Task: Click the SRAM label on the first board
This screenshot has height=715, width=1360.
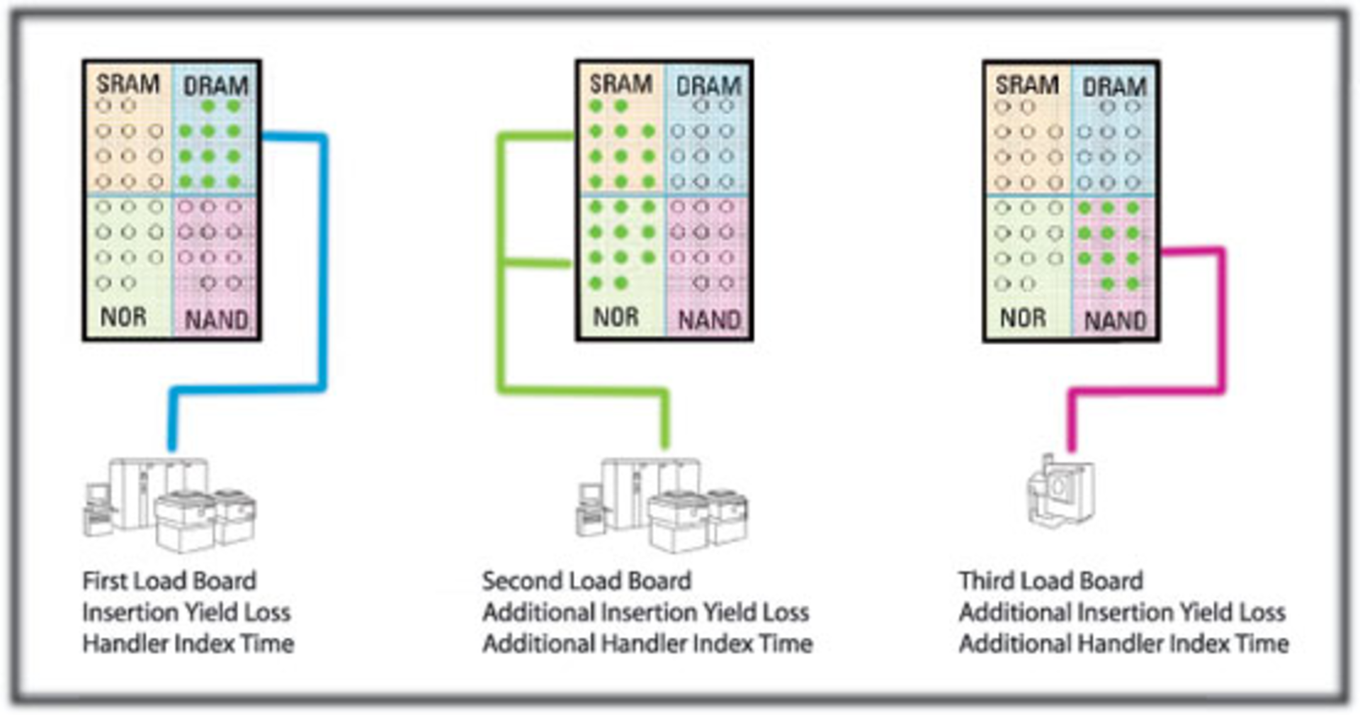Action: tap(127, 84)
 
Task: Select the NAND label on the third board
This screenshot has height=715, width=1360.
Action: tap(1114, 321)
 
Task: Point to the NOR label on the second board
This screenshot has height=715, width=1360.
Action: tap(616, 317)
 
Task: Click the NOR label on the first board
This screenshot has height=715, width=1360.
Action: tap(123, 317)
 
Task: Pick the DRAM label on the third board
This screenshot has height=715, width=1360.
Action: tap(1113, 87)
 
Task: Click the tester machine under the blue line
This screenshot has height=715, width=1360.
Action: tap(170, 505)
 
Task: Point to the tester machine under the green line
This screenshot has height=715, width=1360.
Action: tap(662, 505)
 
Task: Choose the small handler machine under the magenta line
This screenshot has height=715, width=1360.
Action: tap(1060, 490)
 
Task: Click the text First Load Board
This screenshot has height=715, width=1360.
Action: tap(169, 581)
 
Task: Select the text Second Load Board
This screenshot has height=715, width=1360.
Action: tap(586, 581)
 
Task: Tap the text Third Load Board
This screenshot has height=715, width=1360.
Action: tap(1050, 581)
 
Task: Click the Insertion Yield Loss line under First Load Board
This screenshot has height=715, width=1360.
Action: tap(186, 612)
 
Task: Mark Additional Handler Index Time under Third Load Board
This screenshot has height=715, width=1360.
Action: tap(1123, 643)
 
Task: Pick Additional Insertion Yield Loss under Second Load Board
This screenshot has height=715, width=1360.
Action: tap(645, 612)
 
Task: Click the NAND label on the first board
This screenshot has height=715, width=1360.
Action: tap(216, 320)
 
